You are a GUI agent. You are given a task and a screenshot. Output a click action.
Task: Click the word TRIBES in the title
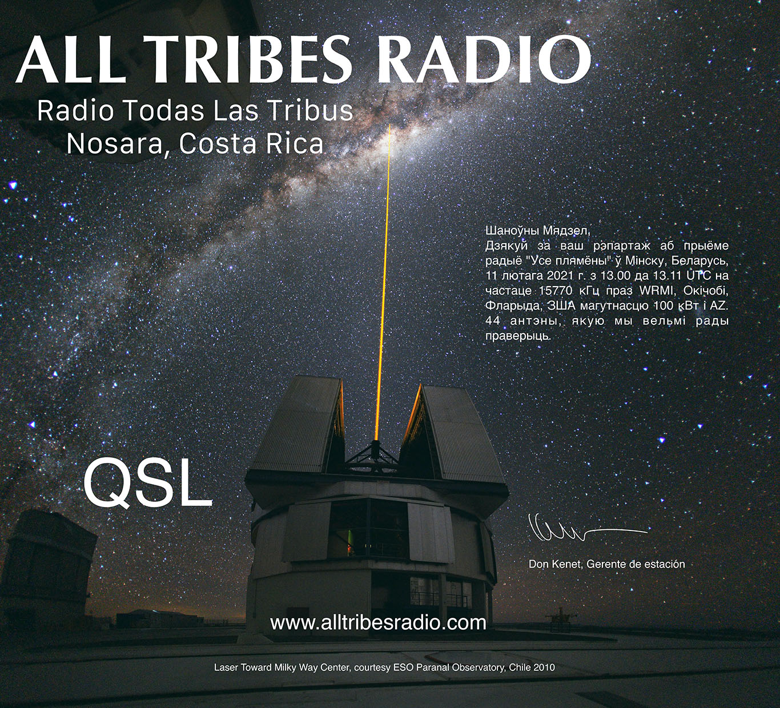pos(251,59)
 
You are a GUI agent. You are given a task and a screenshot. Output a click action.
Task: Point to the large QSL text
pos(147,484)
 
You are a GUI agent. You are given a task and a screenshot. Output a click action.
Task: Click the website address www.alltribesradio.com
pos(378,622)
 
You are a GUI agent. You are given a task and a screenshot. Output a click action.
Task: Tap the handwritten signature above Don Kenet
pos(582,530)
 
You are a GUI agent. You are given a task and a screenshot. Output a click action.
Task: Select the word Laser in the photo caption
pos(226,667)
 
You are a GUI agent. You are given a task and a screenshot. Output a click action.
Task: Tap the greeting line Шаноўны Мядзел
pos(537,231)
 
